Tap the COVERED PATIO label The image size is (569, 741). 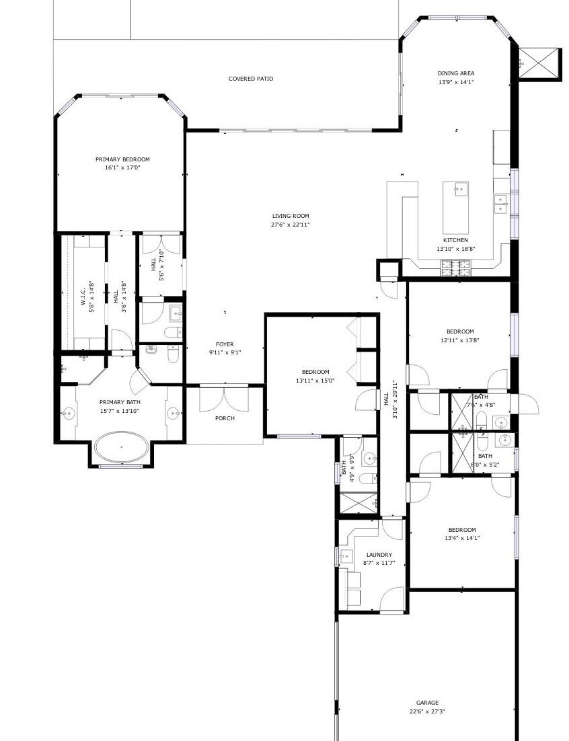[251, 79]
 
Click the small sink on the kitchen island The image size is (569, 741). [460, 189]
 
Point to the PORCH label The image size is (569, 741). [225, 418]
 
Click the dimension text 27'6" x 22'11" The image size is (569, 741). [291, 225]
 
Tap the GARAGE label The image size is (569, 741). [427, 702]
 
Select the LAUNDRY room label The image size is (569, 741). [379, 555]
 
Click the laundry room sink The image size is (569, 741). [346, 556]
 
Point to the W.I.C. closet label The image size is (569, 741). [82, 297]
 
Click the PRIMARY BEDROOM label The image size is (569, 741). [122, 159]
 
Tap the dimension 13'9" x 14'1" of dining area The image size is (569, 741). [456, 82]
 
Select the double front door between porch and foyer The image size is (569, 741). [225, 397]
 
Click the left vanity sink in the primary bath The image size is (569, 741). [68, 414]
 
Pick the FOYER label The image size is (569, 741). [225, 344]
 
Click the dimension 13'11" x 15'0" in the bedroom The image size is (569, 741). [315, 381]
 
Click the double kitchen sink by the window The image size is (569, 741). [501, 204]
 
